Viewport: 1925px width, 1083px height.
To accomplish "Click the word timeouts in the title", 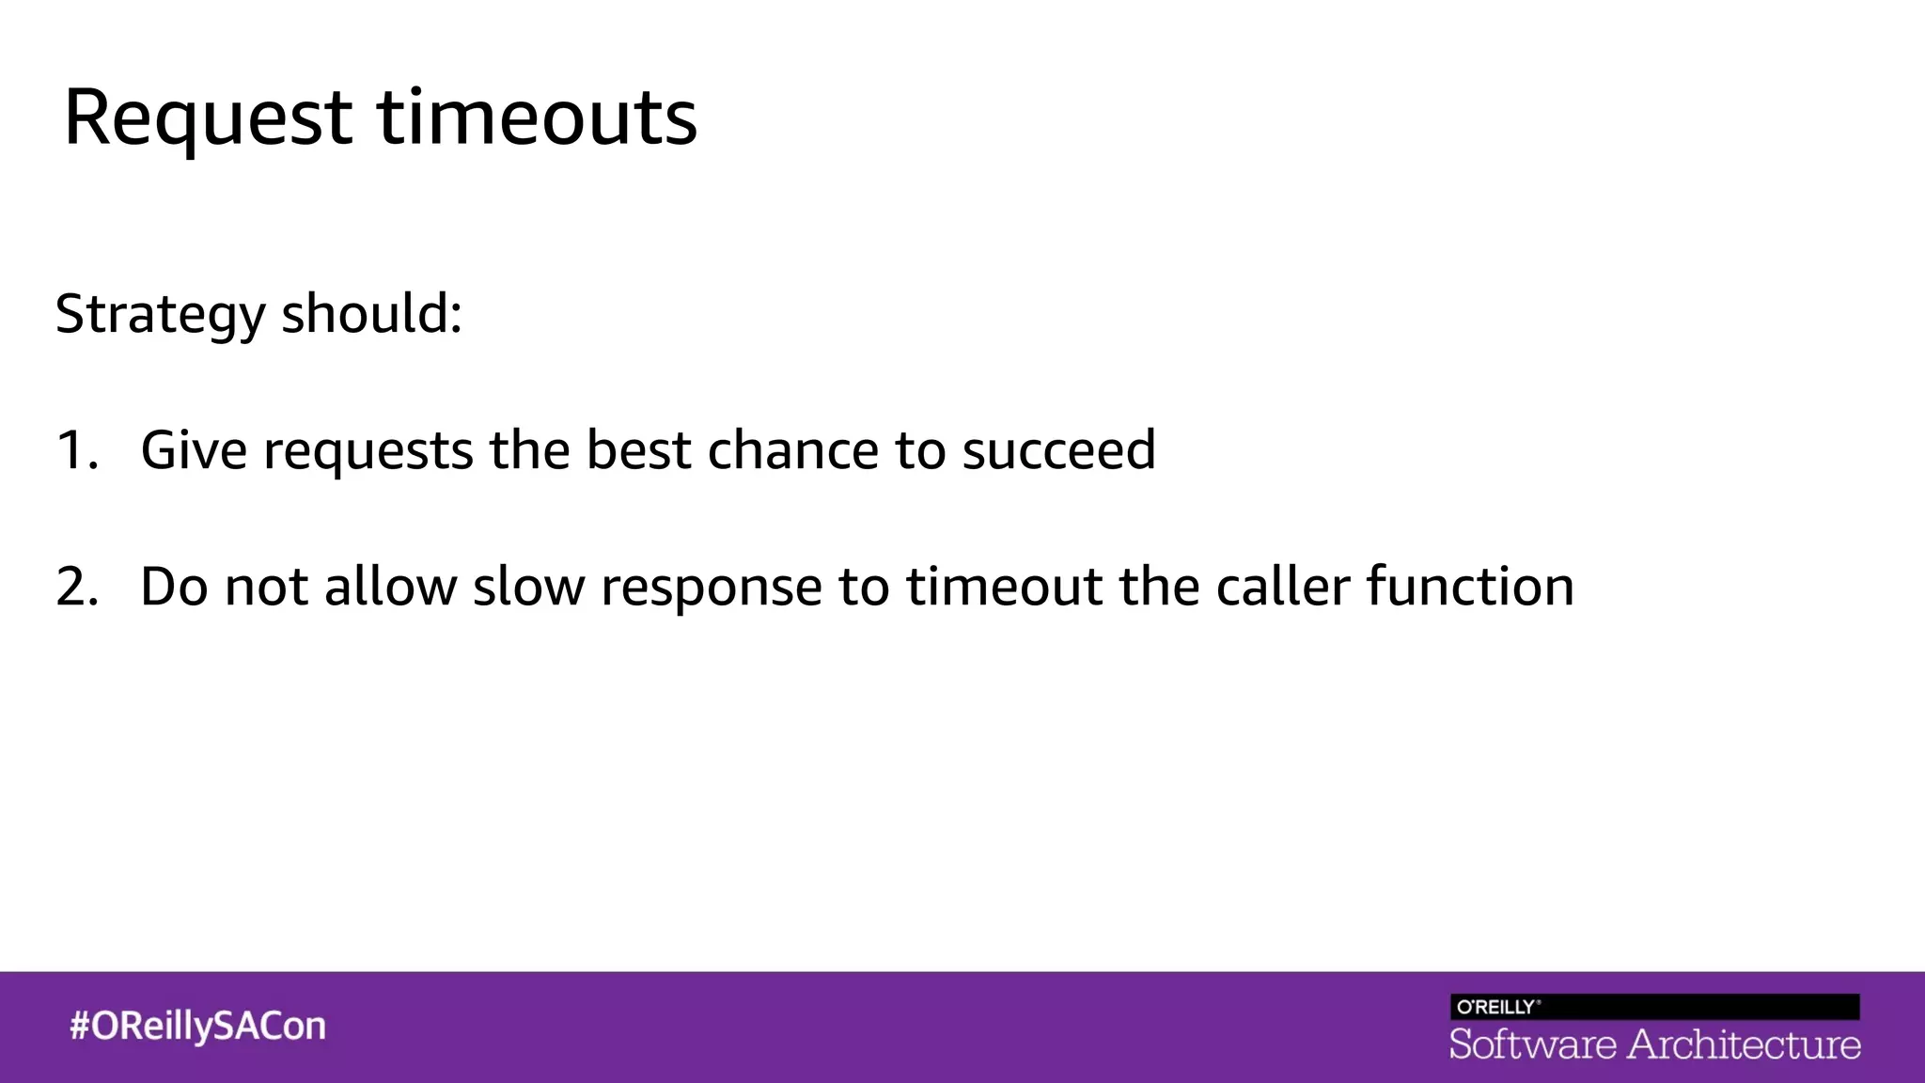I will point(537,118).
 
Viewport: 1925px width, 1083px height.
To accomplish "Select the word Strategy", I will point(160,314).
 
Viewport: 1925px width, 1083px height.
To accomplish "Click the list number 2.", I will point(75,586).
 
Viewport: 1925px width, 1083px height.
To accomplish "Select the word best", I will point(638,449).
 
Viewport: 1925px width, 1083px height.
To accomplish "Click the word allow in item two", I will point(391,586).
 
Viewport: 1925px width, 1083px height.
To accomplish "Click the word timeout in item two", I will point(1004,586).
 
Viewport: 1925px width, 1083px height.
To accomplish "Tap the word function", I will point(1469,586).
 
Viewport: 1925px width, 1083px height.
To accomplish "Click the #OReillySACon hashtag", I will point(197,1026).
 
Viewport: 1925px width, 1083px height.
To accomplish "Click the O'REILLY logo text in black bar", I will point(1496,1007).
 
